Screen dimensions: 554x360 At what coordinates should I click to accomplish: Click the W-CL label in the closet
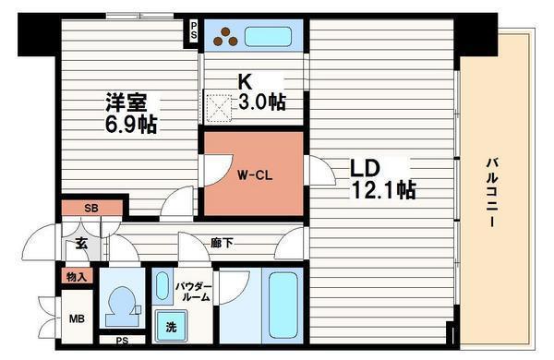(255, 175)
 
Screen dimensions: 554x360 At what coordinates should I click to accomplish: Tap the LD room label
(365, 169)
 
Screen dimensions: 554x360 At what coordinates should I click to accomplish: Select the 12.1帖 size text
(382, 190)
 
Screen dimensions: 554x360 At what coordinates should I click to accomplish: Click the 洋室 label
(126, 102)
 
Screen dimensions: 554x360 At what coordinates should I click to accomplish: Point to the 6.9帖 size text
(131, 125)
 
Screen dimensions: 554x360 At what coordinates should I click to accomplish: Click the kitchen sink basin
(268, 36)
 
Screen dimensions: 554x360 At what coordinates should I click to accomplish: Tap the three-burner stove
(225, 37)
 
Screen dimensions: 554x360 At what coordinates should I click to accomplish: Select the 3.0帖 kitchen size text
(262, 102)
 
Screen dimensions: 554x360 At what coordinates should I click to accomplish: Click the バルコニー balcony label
(492, 193)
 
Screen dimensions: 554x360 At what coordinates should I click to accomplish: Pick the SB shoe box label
(91, 208)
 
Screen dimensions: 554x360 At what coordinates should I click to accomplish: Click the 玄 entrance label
(81, 243)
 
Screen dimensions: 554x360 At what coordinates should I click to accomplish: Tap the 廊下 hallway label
(222, 243)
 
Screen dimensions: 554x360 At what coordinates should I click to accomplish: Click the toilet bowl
(121, 303)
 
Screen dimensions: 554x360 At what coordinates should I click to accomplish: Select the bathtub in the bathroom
(283, 306)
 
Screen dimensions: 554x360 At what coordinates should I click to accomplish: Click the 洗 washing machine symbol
(172, 327)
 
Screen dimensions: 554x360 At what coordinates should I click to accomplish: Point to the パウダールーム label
(194, 292)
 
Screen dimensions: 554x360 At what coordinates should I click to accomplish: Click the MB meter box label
(77, 319)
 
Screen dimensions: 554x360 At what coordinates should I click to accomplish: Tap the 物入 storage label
(77, 277)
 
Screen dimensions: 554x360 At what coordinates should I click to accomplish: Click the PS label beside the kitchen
(194, 30)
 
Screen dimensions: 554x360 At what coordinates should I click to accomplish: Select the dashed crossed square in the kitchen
(219, 109)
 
